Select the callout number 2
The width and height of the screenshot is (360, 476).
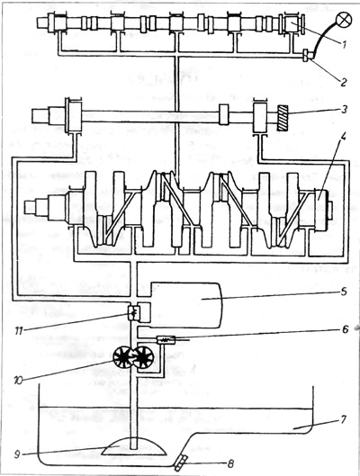[x=343, y=82]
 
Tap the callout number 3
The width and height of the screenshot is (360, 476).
[x=343, y=109]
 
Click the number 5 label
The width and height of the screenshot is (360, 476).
[x=343, y=292]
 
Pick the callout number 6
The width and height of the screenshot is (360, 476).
[x=345, y=329]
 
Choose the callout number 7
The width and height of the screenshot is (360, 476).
[x=343, y=420]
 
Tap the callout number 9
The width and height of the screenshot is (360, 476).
[x=17, y=454]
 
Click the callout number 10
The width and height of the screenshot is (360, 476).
[x=18, y=380]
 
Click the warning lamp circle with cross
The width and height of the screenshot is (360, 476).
[x=343, y=21]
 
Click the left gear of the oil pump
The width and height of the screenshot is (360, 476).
[x=122, y=357]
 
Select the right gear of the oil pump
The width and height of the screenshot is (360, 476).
[x=143, y=358]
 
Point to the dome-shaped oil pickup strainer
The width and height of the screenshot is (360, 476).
[x=134, y=445]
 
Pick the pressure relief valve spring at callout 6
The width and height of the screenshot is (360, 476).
[x=166, y=340]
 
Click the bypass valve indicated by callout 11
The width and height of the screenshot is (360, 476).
[x=133, y=312]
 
